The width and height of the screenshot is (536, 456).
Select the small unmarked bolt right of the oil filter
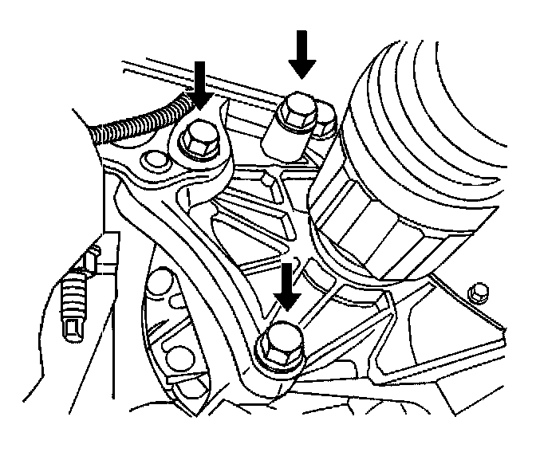[479, 291]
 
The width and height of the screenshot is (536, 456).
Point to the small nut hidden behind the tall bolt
[325, 121]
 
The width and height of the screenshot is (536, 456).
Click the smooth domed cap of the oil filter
[447, 104]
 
